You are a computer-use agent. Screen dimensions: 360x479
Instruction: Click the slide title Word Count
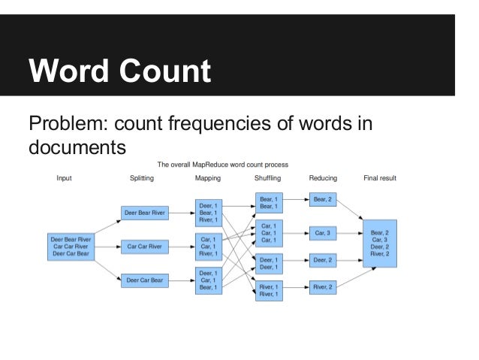click(119, 72)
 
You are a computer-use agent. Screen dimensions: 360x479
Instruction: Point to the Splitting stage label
click(144, 179)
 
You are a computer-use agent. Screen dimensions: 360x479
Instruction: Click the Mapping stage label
click(208, 179)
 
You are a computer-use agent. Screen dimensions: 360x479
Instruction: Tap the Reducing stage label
click(323, 179)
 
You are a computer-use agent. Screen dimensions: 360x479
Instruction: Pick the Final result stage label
click(380, 179)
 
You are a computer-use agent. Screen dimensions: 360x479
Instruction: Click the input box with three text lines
click(69, 246)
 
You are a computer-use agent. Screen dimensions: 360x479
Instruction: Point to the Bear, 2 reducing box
click(324, 199)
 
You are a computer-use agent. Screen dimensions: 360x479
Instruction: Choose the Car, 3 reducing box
click(324, 233)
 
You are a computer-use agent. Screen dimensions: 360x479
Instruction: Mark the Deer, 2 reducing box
click(324, 260)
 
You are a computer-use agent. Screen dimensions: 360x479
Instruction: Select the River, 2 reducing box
click(324, 286)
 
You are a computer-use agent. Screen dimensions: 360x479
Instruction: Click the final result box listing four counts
click(380, 239)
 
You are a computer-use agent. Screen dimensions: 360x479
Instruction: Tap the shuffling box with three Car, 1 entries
click(267, 233)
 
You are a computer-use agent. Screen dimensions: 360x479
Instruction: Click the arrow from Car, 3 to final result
click(351, 234)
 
